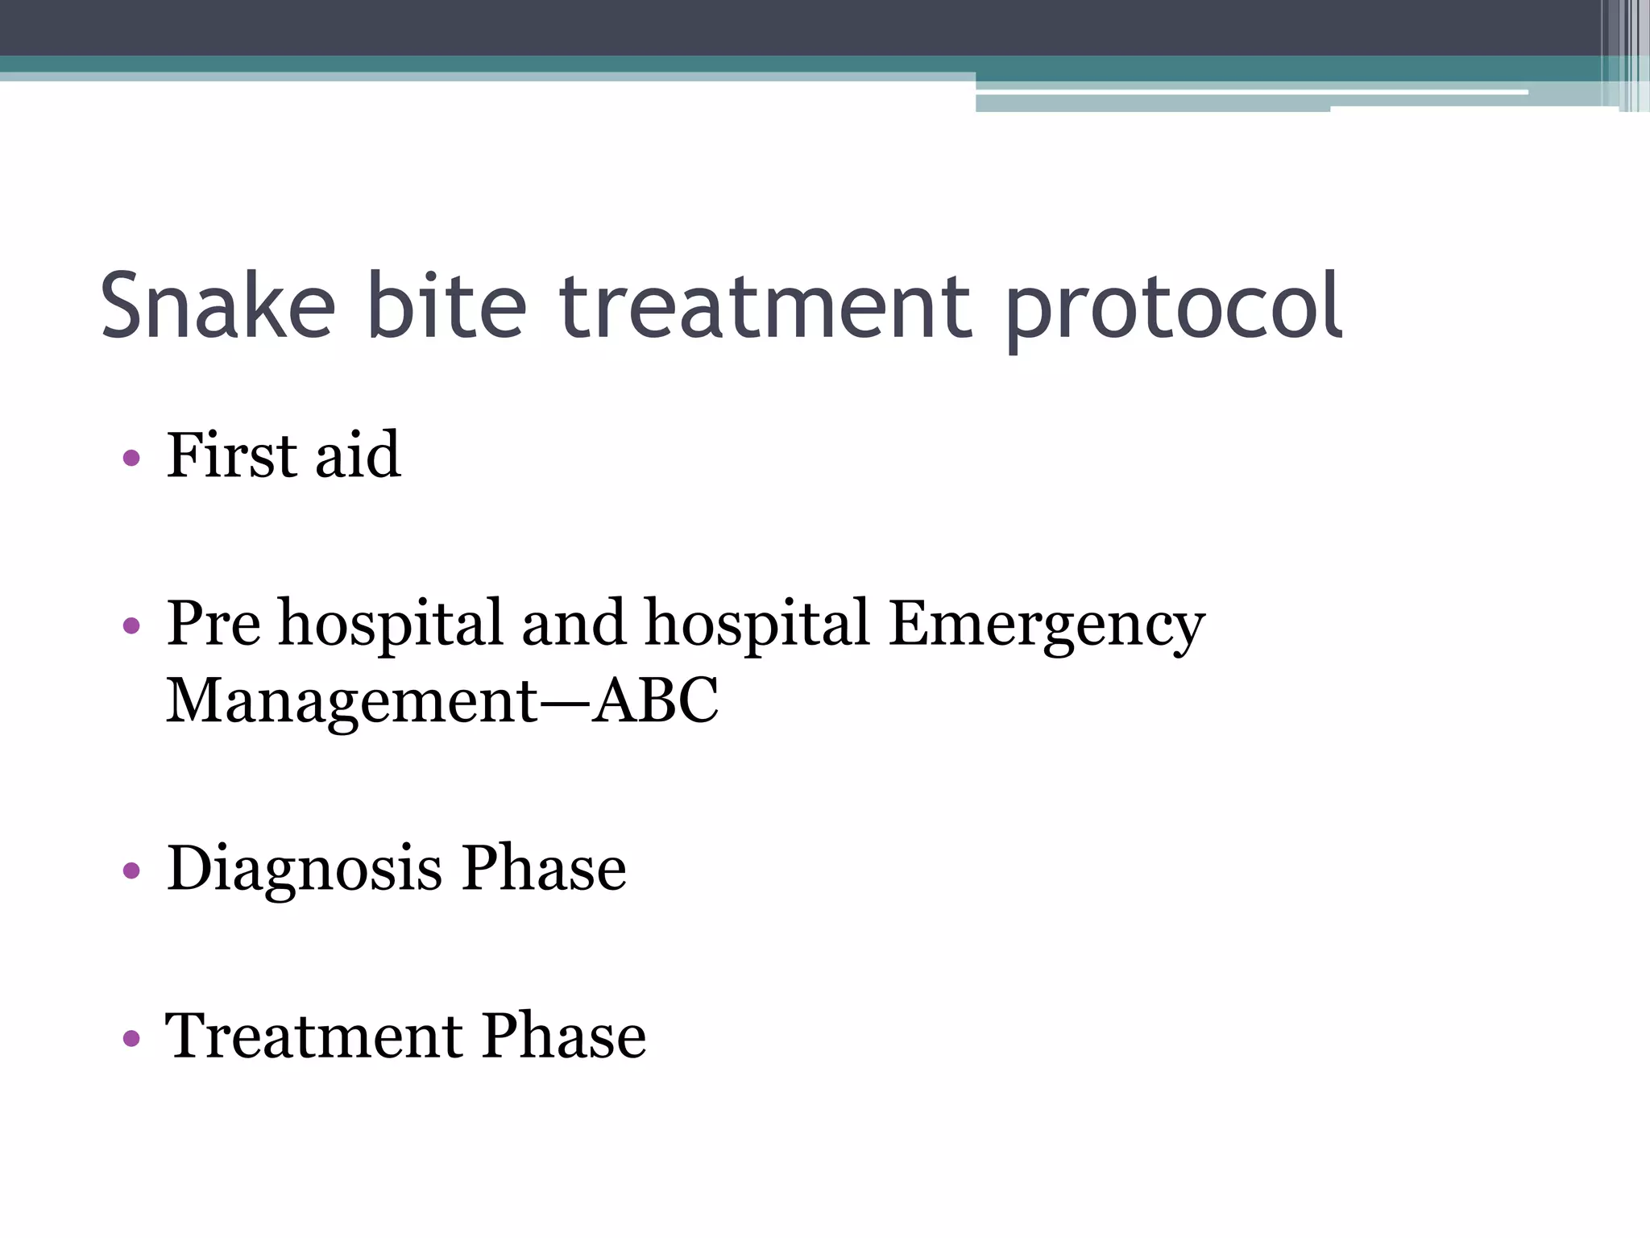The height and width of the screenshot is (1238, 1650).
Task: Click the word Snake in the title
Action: point(218,306)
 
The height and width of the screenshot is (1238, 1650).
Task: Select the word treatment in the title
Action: point(765,306)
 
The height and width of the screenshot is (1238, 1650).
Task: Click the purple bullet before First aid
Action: point(131,459)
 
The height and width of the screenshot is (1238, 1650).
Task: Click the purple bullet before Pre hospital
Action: point(131,625)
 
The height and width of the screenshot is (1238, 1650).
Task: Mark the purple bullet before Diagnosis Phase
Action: point(131,870)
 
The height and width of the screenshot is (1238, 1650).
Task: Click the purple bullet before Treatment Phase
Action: point(131,1038)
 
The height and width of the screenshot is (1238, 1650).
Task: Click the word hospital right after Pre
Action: point(391,625)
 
